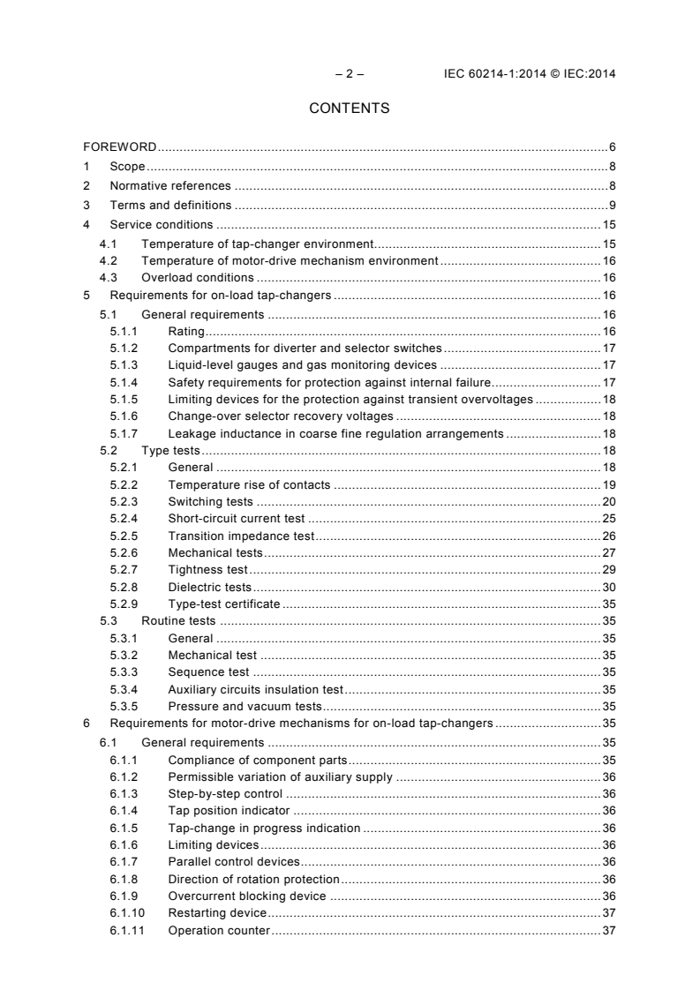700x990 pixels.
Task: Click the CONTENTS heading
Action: pyautogui.click(x=350, y=109)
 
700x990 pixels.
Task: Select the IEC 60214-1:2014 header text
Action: pyautogui.click(x=530, y=74)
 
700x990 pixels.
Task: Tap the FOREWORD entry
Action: pyautogui.click(x=120, y=146)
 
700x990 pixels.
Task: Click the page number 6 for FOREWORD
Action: pyautogui.click(x=612, y=146)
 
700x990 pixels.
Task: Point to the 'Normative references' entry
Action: pyautogui.click(x=169, y=185)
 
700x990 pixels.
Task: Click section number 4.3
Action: pyautogui.click(x=108, y=277)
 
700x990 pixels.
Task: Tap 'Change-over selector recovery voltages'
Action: pyautogui.click(x=280, y=416)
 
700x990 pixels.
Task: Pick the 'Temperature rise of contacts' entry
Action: pyautogui.click(x=249, y=484)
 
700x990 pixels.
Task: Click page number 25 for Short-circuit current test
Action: pyautogui.click(x=608, y=519)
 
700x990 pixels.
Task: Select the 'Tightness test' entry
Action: pyautogui.click(x=207, y=570)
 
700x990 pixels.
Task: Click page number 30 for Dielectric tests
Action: pyautogui.click(x=608, y=587)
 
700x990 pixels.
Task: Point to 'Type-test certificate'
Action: pyautogui.click(x=223, y=604)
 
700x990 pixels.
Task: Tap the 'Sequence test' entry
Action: pyautogui.click(x=208, y=672)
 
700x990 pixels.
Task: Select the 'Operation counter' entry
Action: pyautogui.click(x=219, y=931)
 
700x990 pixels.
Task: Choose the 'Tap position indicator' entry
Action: pyautogui.click(x=230, y=810)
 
